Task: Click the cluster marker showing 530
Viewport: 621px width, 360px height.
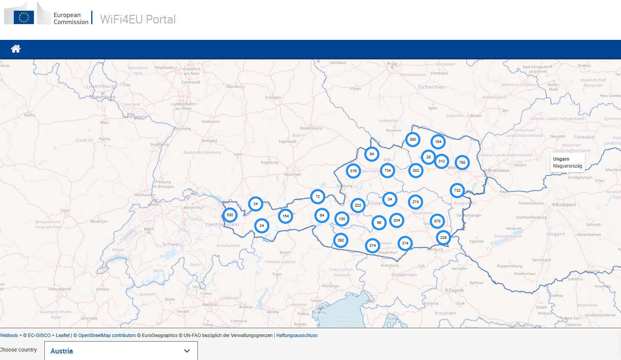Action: (x=230, y=215)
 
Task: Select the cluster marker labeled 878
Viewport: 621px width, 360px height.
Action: (x=437, y=221)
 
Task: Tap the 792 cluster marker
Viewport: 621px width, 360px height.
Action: (x=462, y=163)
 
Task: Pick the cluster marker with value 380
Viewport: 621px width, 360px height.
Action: (x=412, y=140)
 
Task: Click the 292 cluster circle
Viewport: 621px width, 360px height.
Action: (x=340, y=240)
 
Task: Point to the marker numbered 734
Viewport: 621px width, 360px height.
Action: (x=387, y=171)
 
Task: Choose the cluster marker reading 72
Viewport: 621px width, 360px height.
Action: (x=317, y=197)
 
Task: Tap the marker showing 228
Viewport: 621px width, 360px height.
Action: (x=443, y=238)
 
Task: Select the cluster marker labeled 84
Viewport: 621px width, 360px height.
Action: (x=371, y=154)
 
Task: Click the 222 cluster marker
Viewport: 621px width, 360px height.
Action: (x=358, y=205)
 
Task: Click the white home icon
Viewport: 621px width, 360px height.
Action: (x=16, y=49)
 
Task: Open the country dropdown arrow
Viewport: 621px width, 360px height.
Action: (x=187, y=351)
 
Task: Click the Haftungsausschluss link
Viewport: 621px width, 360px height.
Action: (x=297, y=335)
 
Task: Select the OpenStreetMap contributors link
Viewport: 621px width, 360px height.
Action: (x=107, y=335)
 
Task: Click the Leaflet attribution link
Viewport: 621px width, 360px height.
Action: (x=63, y=335)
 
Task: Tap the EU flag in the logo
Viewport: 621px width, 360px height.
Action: (x=24, y=17)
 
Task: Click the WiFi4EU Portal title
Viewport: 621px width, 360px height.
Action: (x=138, y=19)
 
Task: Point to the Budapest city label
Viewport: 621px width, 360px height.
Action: (x=565, y=205)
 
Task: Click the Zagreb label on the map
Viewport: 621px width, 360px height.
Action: (x=455, y=290)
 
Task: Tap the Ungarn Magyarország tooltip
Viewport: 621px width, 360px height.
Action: (x=567, y=163)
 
